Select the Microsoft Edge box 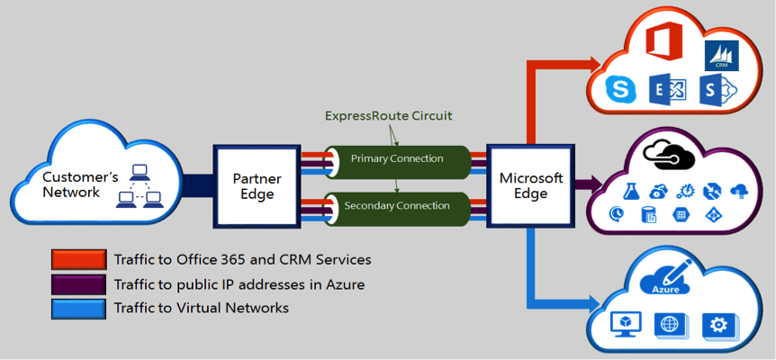[530, 184]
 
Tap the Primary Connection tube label [397, 159]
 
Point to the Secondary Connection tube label [397, 206]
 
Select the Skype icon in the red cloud [619, 88]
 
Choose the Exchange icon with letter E [670, 89]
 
